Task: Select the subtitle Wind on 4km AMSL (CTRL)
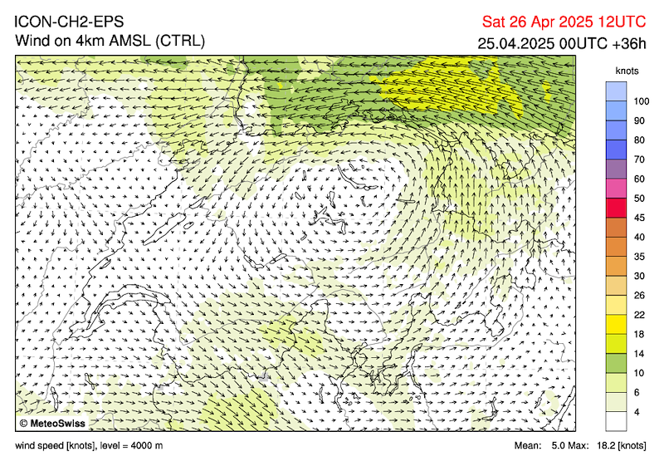point(110,40)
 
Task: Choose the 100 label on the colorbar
point(642,101)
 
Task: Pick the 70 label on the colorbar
point(640,159)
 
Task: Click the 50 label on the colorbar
point(640,199)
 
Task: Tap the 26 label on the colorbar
point(640,296)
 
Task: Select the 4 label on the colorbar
point(637,412)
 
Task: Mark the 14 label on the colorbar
point(640,354)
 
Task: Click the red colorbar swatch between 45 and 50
point(616,208)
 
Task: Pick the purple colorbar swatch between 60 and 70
point(616,169)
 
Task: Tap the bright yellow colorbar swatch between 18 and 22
point(616,324)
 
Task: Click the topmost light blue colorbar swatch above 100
point(616,91)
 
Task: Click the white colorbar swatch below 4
point(616,421)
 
